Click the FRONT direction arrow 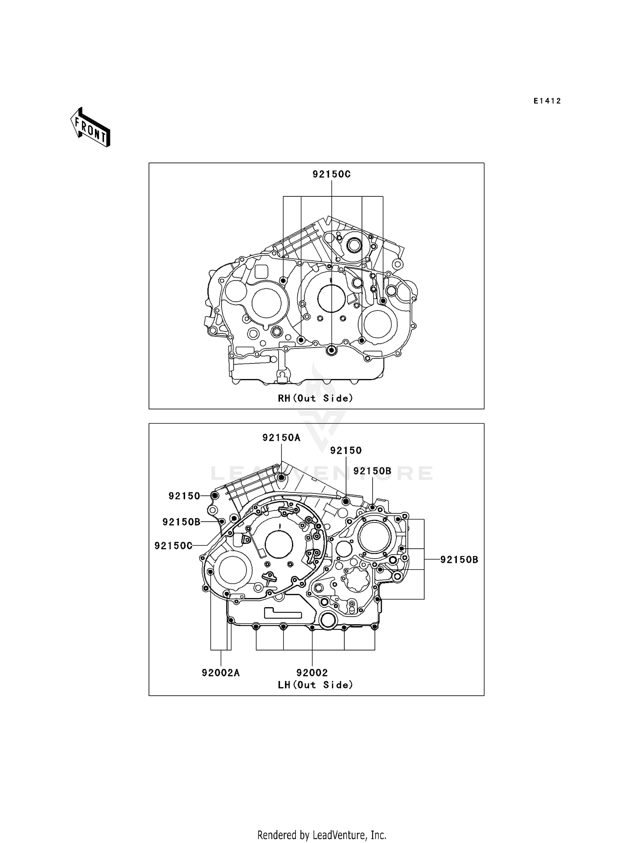click(91, 128)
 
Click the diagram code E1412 click(547, 101)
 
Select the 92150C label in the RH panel click(331, 174)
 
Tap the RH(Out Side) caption click(316, 398)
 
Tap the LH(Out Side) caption click(316, 685)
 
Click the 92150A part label click(281, 438)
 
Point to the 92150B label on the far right click(459, 560)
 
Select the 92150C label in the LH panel click(173, 545)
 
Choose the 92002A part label click(221, 673)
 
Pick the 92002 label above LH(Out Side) click(312, 673)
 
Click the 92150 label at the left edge click(184, 496)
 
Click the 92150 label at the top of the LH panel click(346, 451)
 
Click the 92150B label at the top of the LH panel click(372, 471)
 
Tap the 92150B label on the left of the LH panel click(181, 522)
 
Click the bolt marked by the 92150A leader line click(281, 478)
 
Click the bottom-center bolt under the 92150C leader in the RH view click(331, 350)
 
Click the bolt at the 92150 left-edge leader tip click(215, 496)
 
